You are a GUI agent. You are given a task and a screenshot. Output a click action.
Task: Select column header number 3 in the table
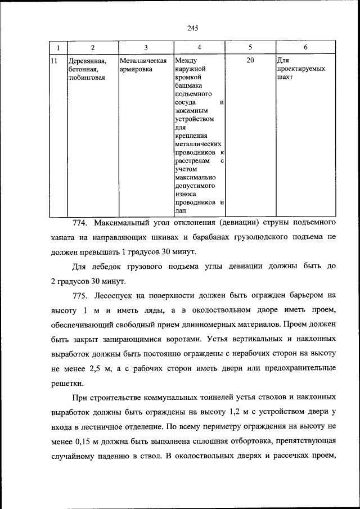tap(146, 47)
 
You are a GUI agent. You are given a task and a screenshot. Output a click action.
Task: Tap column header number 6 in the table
tap(305, 47)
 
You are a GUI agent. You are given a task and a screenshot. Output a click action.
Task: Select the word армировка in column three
tap(136, 69)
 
